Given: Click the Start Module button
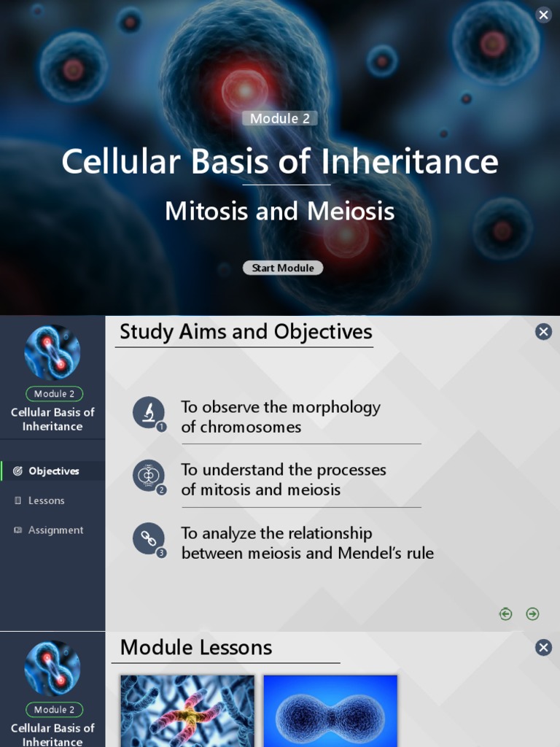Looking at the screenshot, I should (283, 268).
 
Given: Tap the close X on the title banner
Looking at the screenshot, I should (543, 15).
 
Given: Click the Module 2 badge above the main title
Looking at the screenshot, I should (280, 118).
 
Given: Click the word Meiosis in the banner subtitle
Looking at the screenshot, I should (351, 212).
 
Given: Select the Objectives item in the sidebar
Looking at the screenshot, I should (53, 471).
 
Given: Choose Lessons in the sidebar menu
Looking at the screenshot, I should (46, 500).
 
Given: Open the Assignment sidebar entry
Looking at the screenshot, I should (55, 530).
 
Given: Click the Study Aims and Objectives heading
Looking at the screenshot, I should (246, 332).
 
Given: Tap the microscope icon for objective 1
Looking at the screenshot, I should (149, 412).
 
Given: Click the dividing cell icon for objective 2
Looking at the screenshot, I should (149, 476).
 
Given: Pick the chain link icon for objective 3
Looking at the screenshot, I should (149, 539).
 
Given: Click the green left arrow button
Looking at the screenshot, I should (505, 614).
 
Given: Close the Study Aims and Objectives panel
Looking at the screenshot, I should (543, 332).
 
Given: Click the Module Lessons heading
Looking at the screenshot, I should (196, 648).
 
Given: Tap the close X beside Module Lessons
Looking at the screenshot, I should (543, 648).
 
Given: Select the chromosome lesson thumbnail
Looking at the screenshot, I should (187, 711).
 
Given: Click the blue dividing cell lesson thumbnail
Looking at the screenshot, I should (330, 711).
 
